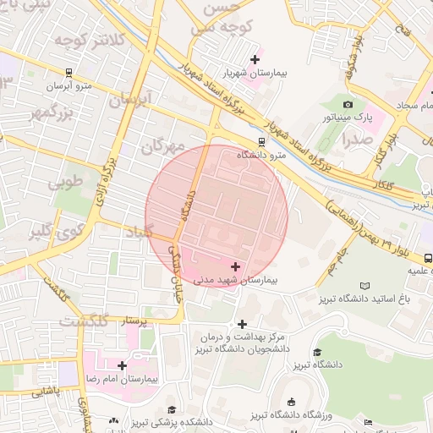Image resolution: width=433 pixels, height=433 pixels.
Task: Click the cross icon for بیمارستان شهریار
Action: coord(255,58)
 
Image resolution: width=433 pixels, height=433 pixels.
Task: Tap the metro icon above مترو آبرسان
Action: coord(68,72)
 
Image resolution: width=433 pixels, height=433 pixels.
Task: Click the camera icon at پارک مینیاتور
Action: coord(348,104)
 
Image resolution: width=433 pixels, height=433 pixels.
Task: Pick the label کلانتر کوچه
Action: coord(90,39)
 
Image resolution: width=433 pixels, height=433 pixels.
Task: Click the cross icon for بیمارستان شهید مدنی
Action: coord(235,266)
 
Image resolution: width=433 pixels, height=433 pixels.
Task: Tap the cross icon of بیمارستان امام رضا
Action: coord(123,365)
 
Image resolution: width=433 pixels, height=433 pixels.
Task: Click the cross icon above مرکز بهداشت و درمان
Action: coord(243,323)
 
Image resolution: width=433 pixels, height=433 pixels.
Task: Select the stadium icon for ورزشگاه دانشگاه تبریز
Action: coord(292,402)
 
